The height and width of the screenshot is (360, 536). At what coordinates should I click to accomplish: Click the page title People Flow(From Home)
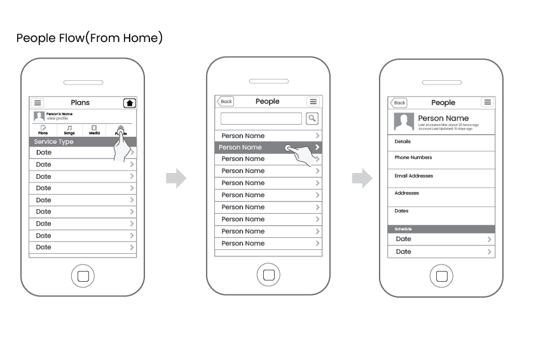pos(90,38)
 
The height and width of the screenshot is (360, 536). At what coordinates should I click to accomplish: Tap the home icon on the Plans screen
pos(130,103)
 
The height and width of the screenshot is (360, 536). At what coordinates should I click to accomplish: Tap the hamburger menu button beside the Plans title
pos(38,103)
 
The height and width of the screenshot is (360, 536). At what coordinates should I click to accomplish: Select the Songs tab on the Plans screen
pos(69,130)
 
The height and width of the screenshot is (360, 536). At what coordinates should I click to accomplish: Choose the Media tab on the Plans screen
pos(94,130)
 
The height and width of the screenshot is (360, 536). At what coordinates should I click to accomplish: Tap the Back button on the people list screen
pos(226,102)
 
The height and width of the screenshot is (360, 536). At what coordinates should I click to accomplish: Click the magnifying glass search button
pos(312,118)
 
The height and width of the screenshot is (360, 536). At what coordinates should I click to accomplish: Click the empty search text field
pos(261,118)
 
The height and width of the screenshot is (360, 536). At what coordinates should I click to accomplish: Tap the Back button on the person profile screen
pos(399,103)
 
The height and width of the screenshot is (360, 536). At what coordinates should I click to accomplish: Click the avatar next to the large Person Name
pos(404,121)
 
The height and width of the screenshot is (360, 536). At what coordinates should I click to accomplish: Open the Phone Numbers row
pos(441,158)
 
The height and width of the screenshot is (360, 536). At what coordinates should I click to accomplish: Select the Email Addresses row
pos(441,176)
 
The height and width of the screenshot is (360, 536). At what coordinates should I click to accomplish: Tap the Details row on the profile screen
pos(441,142)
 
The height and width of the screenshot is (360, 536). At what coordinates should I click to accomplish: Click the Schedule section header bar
pos(441,229)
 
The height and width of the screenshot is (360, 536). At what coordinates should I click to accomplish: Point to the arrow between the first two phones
pos(176,179)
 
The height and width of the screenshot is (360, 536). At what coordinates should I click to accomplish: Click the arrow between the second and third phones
pos(362,179)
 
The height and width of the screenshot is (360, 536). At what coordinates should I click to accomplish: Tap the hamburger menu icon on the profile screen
pos(487,102)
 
